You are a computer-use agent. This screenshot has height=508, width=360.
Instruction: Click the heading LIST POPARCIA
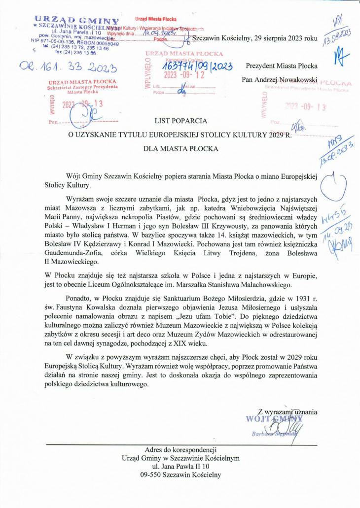point(181,120)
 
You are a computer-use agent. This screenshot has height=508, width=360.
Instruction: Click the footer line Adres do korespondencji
point(180,449)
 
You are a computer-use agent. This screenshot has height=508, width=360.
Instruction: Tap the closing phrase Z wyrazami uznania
point(288,411)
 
